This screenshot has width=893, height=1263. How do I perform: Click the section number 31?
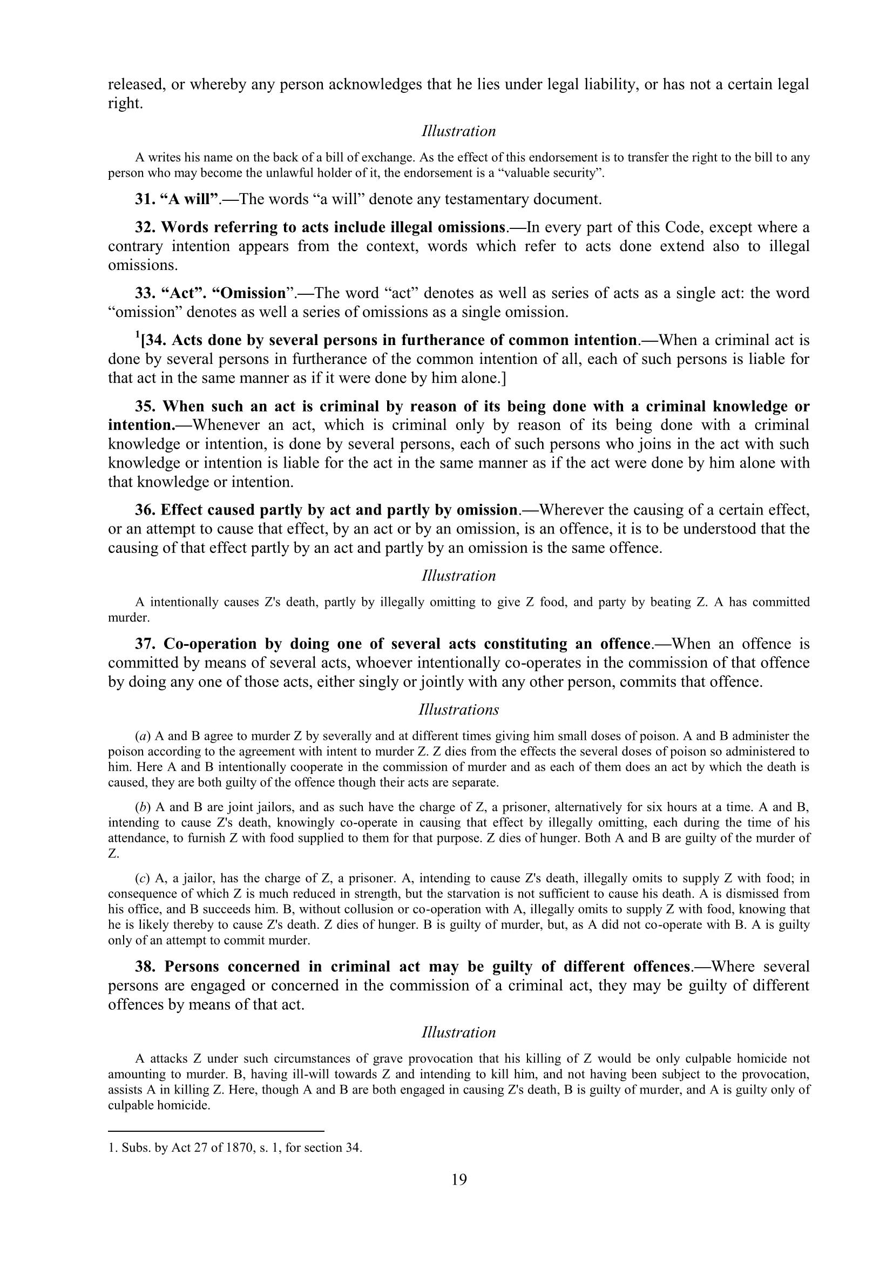(x=145, y=199)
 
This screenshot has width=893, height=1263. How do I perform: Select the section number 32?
(x=145, y=227)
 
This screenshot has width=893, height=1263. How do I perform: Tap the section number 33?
(x=145, y=293)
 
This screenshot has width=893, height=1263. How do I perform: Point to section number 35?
(x=145, y=407)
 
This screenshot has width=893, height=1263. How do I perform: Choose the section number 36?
(x=145, y=510)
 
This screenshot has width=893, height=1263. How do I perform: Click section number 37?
(x=146, y=644)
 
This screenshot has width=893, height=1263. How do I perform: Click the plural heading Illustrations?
(x=458, y=710)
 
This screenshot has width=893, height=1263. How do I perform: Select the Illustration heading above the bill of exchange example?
(x=458, y=131)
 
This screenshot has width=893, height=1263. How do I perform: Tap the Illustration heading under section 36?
(x=458, y=576)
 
